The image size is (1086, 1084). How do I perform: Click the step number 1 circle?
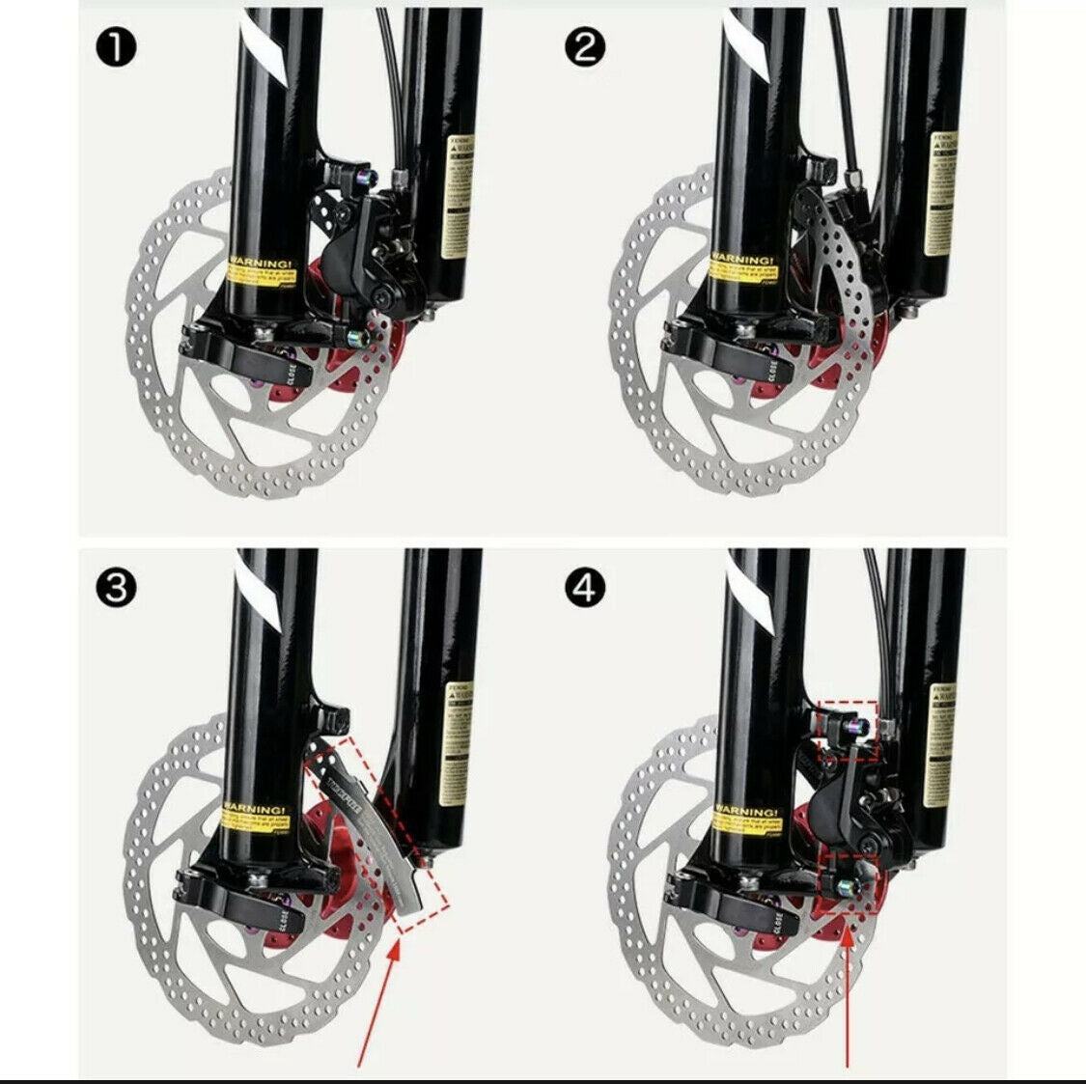tap(116, 48)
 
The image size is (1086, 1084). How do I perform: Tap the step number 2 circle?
tap(583, 48)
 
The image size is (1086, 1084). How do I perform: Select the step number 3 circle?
tap(116, 587)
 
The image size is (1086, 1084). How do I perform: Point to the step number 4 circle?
tap(583, 587)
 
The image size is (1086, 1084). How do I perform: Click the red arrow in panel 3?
tap(376, 1004)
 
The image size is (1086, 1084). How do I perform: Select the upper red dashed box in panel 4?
tap(847, 731)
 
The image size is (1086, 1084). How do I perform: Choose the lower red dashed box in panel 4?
tap(847, 882)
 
